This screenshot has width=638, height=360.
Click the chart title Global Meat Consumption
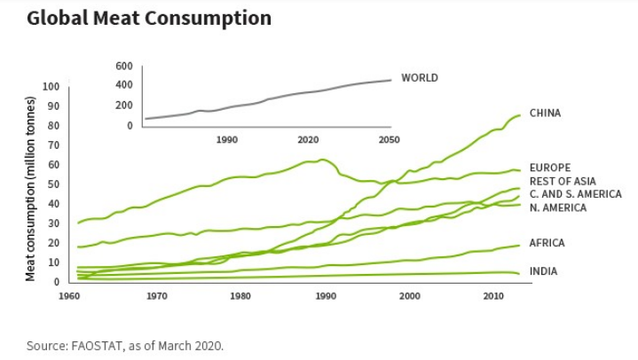[148, 18]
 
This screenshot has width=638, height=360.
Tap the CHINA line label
[545, 113]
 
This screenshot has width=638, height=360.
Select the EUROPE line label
[549, 168]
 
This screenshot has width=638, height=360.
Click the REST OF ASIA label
[563, 181]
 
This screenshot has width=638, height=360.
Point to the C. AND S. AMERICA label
[575, 194]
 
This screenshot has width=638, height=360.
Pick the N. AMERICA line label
[558, 207]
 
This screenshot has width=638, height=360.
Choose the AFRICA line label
[547, 243]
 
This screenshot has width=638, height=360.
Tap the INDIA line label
[543, 271]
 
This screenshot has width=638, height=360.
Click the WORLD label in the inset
[420, 78]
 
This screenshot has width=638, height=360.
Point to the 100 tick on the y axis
[50, 87]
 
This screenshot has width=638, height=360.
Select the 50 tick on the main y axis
[52, 184]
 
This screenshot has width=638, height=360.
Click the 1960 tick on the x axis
[74, 295]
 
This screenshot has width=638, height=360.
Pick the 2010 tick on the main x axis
[492, 295]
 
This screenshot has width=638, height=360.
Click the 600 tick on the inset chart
[123, 67]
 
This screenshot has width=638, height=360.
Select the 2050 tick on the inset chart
[389, 140]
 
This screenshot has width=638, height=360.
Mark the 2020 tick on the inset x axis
[308, 140]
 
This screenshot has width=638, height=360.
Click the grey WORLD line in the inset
[266, 99]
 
